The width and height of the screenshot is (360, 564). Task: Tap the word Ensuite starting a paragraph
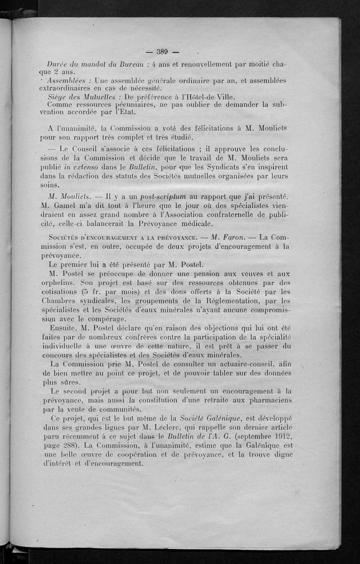coord(66,326)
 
